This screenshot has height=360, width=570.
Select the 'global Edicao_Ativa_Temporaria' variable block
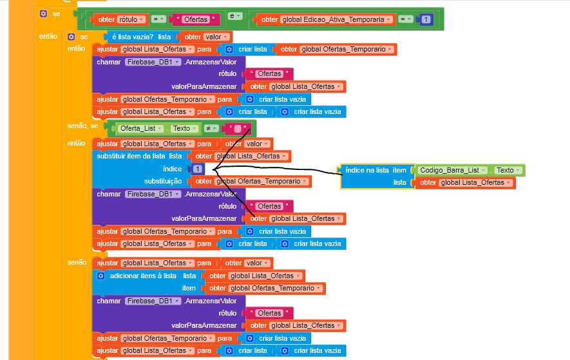tap(326, 19)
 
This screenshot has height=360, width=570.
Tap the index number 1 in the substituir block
tap(197, 169)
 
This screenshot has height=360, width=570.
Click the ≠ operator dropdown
tap(210, 128)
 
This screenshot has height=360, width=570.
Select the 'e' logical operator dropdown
tap(233, 15)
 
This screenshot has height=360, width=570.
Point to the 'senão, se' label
tap(82, 125)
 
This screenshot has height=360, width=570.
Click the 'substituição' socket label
tap(163, 181)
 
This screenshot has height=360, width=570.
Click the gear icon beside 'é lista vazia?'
tap(71, 37)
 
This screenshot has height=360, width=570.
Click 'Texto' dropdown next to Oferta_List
tap(184, 128)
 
